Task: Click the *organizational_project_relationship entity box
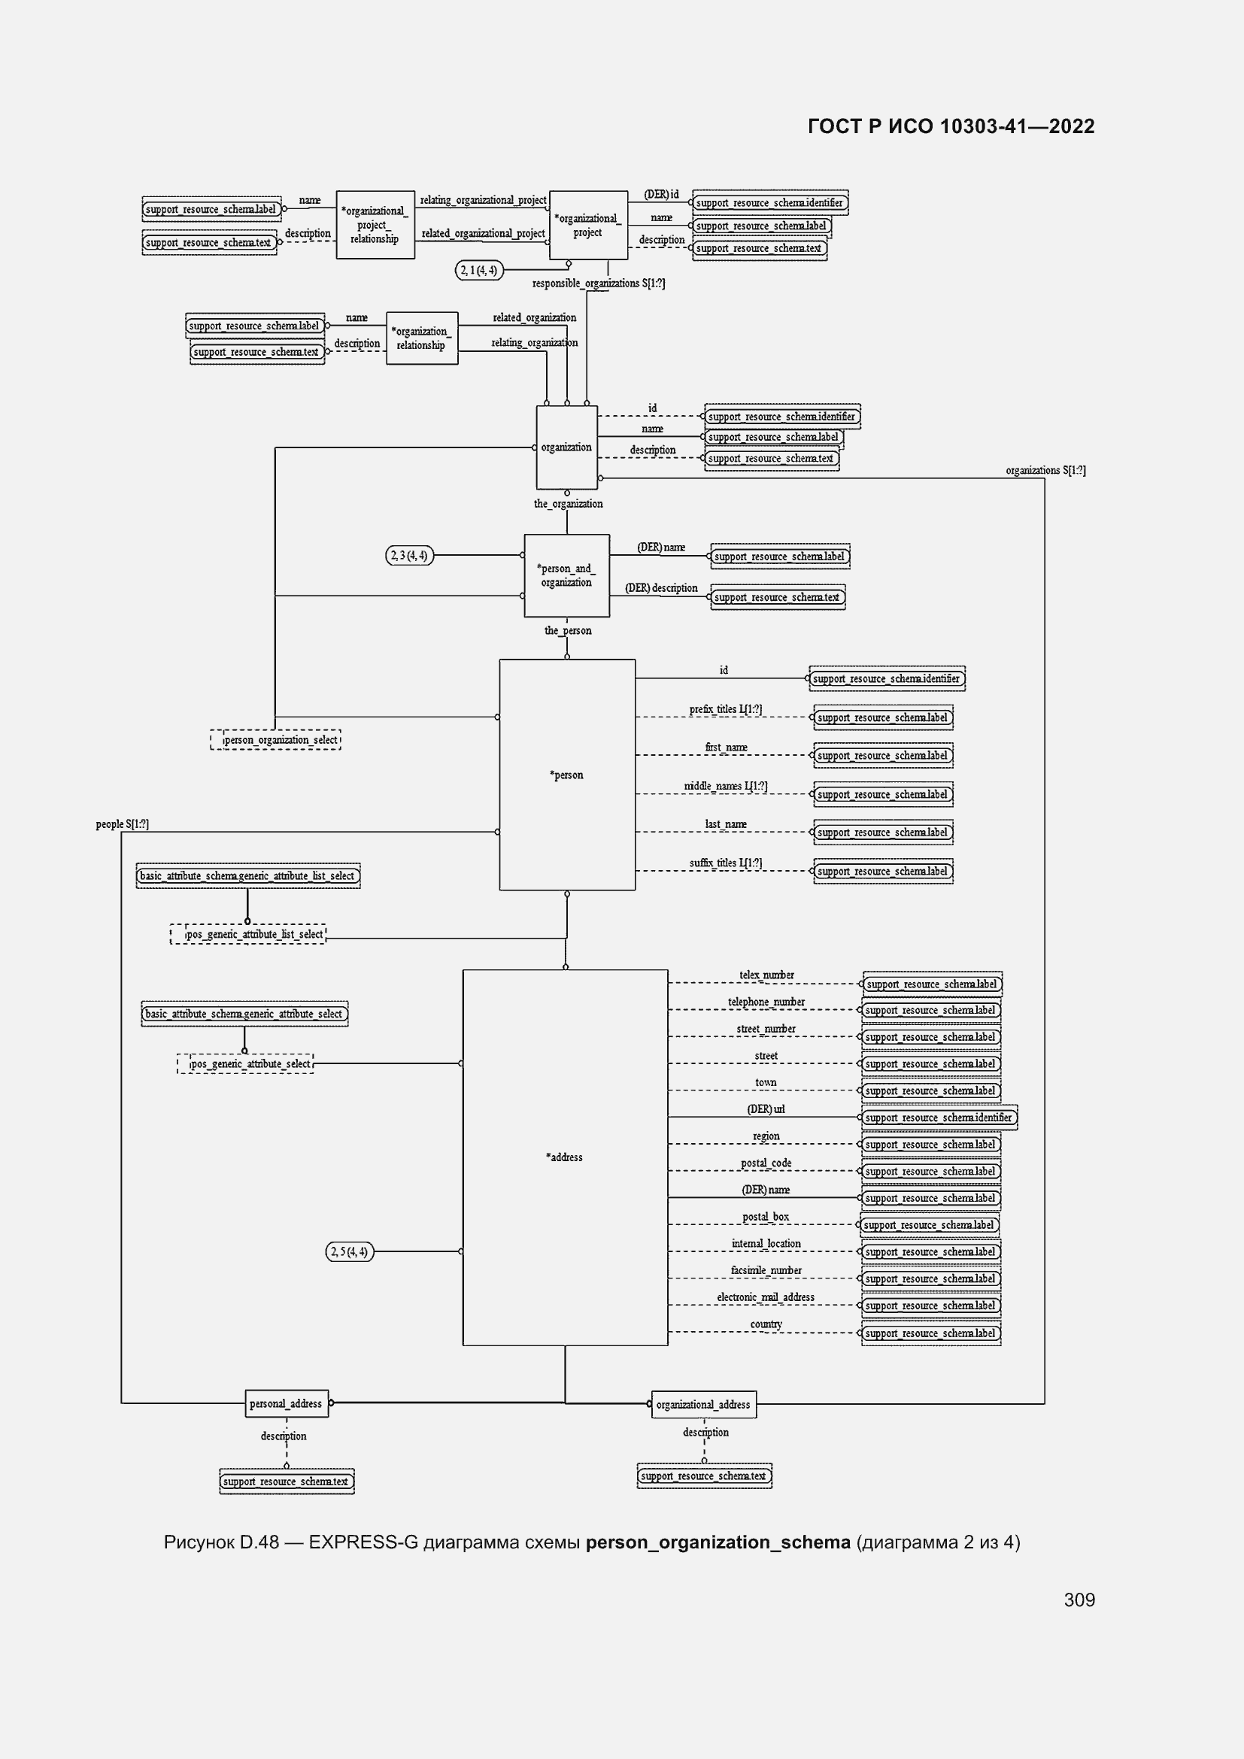[375, 224]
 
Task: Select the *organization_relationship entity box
[421, 338]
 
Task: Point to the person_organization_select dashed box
[276, 739]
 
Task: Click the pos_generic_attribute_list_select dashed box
[248, 934]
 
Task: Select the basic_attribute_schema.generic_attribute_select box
[244, 1014]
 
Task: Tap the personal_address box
[286, 1403]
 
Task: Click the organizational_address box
[703, 1404]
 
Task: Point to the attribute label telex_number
[766, 975]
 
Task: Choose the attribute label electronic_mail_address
[765, 1297]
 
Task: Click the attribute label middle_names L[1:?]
[725, 785]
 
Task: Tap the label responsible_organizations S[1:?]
[598, 284]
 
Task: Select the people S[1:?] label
[123, 824]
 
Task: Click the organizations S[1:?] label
[1045, 470]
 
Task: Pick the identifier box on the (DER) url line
[939, 1117]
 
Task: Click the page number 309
[1079, 1600]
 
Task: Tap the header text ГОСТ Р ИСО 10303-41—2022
[951, 126]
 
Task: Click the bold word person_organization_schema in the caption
[718, 1542]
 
